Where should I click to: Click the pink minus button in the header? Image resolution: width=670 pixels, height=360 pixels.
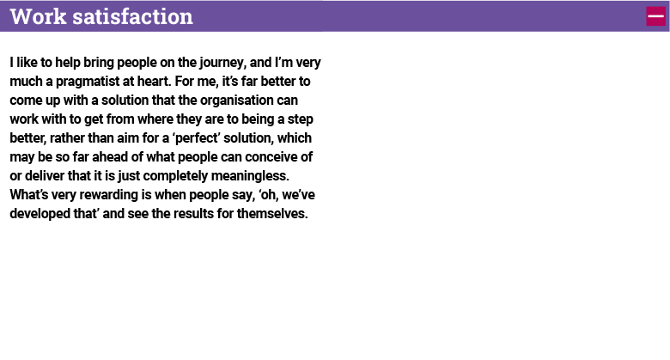click(655, 16)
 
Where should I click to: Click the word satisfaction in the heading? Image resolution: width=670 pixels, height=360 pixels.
click(132, 16)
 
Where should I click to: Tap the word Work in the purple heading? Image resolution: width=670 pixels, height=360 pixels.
click(39, 16)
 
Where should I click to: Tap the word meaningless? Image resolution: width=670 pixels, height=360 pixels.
click(250, 176)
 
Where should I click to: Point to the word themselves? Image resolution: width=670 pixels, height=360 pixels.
click(272, 213)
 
